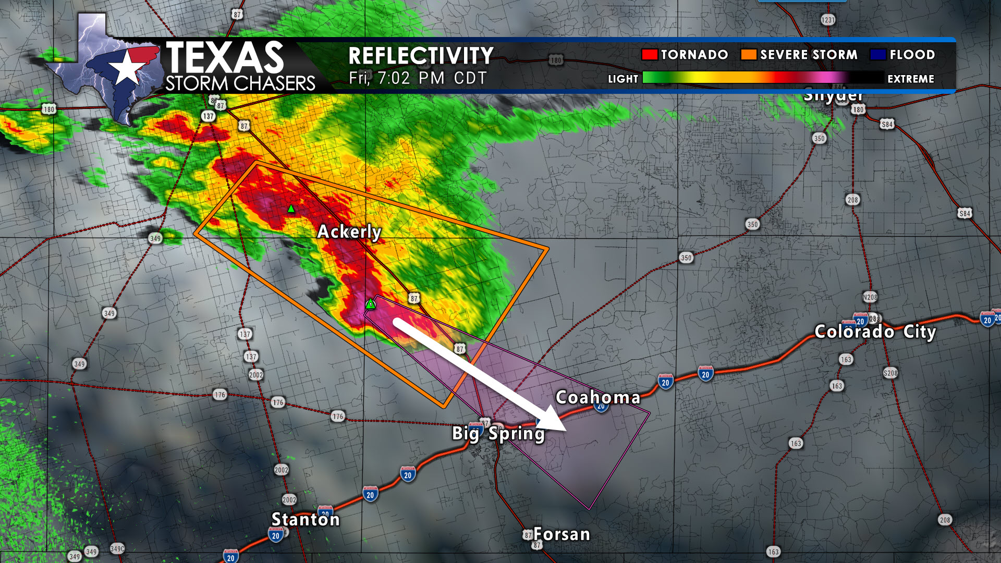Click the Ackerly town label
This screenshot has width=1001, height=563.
point(349,231)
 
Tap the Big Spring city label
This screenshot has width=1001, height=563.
point(498,433)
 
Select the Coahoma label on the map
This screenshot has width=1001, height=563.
point(598,397)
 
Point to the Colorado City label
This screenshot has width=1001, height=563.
point(875,332)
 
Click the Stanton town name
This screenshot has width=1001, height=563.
point(306,519)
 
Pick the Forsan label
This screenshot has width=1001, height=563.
point(561,534)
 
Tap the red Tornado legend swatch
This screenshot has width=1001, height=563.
point(649,55)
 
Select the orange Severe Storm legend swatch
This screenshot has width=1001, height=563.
point(748,55)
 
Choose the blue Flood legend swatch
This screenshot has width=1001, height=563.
point(878,55)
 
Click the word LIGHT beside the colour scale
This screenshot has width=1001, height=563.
point(623,79)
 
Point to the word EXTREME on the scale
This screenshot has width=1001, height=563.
point(911,79)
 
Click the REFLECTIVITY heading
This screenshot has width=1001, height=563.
point(421,56)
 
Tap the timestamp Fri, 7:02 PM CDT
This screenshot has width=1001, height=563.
point(418,78)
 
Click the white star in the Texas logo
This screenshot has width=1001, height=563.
point(126,68)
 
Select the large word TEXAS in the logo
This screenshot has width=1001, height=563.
point(225,57)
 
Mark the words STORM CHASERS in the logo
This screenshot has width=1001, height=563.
point(240,83)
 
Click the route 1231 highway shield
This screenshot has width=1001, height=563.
point(828,20)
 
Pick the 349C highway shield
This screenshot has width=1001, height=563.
point(117,548)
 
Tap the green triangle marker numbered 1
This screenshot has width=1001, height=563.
point(370,304)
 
